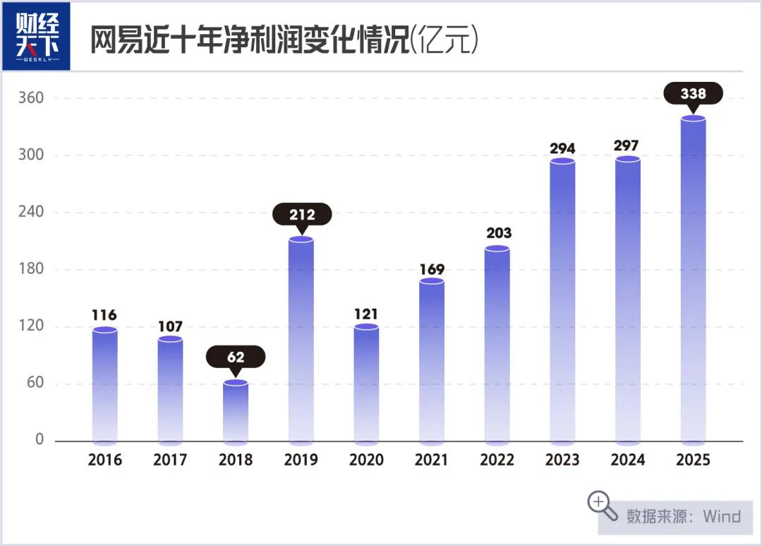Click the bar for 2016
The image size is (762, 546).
(105, 385)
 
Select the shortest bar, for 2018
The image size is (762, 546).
(236, 413)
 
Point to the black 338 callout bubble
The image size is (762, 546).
(693, 93)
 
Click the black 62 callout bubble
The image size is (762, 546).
(236, 357)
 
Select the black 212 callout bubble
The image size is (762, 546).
(302, 214)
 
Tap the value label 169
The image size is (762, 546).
(432, 269)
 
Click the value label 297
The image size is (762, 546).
(627, 146)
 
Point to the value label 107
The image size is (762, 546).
(170, 326)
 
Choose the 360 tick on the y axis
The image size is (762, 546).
(31, 98)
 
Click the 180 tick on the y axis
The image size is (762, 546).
(31, 269)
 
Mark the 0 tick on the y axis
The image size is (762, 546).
(40, 440)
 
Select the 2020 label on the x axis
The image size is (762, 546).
(366, 460)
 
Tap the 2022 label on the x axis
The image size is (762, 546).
(497, 460)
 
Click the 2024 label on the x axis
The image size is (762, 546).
(627, 460)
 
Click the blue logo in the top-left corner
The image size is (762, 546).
(37, 36)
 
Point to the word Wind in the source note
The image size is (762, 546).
(721, 516)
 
